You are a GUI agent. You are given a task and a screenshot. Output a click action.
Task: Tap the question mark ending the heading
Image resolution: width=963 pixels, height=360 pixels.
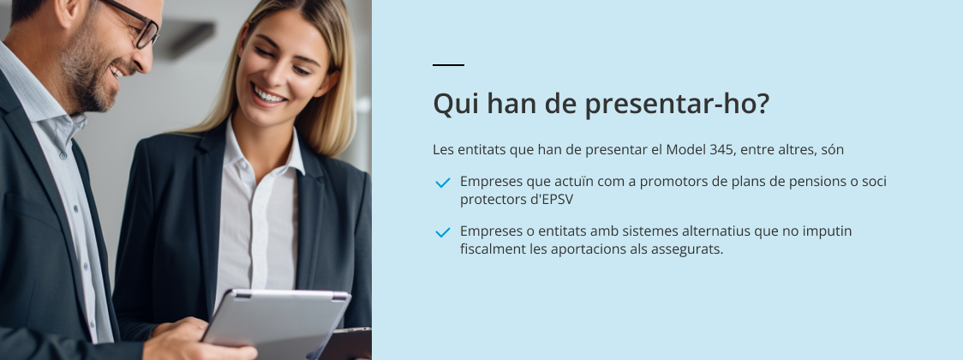tap(763, 103)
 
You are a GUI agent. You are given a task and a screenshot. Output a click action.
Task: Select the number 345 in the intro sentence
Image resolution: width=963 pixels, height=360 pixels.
tap(721, 149)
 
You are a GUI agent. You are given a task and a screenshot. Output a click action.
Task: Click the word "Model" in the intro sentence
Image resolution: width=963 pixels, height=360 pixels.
tap(686, 149)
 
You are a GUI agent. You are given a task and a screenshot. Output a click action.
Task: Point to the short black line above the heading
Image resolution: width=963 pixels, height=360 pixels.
tap(448, 64)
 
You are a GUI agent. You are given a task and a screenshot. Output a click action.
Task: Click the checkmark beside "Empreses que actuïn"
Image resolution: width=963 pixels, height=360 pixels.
tap(443, 183)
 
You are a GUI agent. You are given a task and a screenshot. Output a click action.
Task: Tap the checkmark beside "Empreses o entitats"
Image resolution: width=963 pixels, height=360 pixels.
tap(443, 232)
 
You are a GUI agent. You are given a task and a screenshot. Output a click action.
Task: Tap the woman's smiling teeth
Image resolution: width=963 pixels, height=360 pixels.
tap(269, 95)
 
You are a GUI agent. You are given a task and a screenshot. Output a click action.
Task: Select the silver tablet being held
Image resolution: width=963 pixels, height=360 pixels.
tap(277, 323)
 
